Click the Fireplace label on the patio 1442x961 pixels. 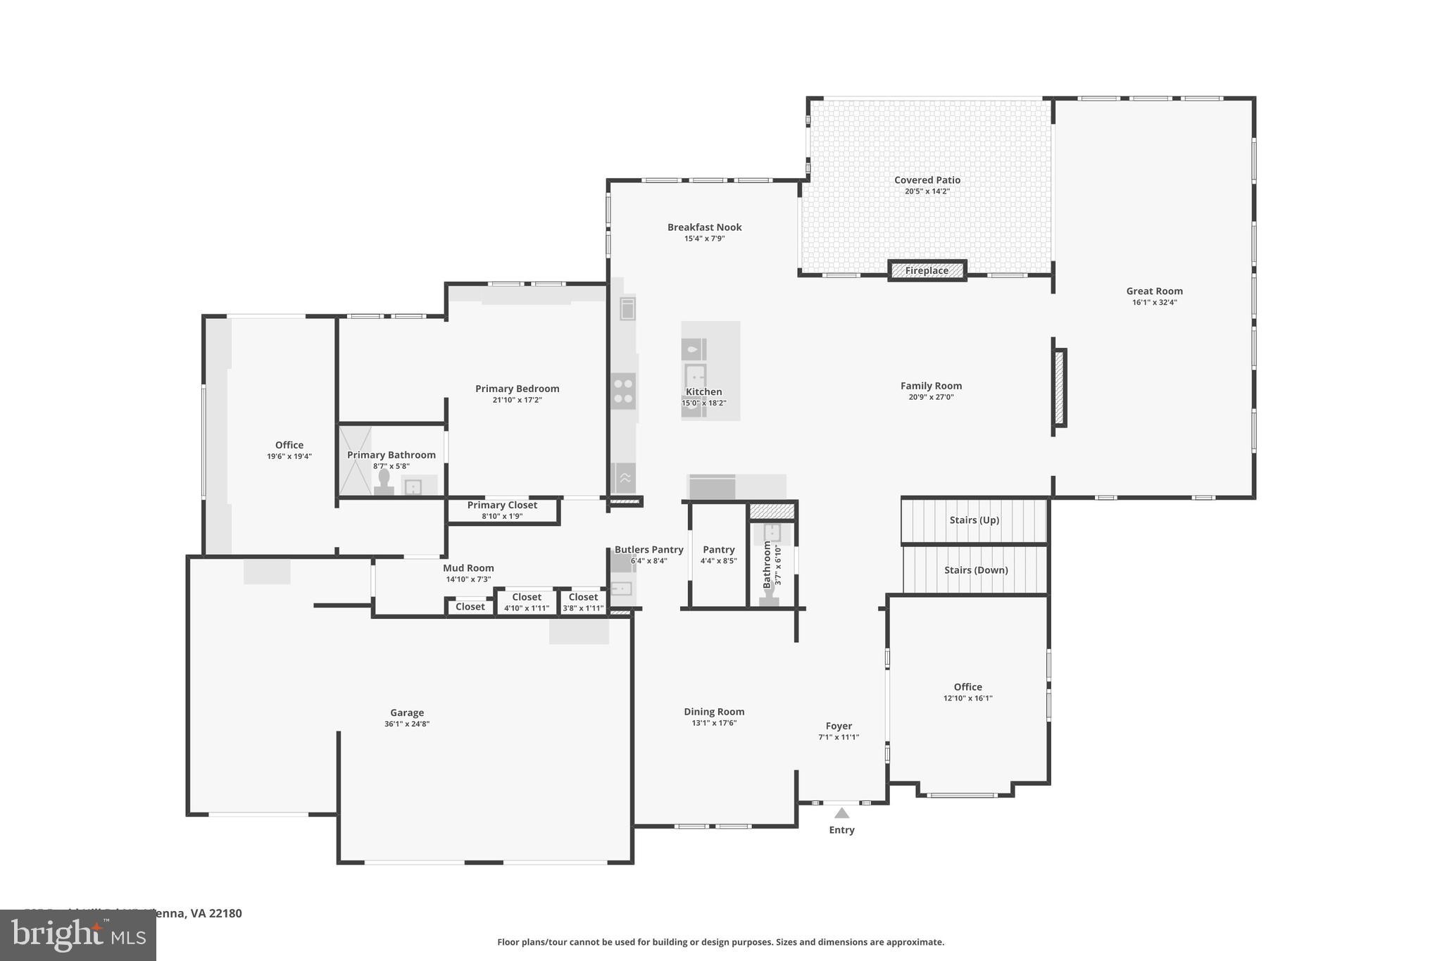(927, 270)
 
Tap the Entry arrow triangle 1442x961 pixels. (841, 813)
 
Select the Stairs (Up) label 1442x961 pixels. (974, 520)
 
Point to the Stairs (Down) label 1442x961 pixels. (976, 570)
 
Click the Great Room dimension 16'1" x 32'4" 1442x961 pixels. (1154, 303)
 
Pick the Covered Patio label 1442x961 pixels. (927, 180)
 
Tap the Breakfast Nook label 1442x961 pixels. (704, 227)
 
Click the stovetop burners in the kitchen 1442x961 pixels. (623, 391)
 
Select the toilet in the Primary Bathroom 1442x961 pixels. (384, 482)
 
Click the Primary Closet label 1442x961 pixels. (502, 505)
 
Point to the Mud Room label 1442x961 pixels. (468, 568)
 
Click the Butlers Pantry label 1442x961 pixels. (648, 550)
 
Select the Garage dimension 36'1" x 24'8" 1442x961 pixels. (407, 724)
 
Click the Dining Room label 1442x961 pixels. (714, 712)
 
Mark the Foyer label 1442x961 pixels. (839, 726)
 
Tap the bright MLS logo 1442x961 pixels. (78, 936)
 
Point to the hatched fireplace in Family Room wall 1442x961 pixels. (1059, 387)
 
